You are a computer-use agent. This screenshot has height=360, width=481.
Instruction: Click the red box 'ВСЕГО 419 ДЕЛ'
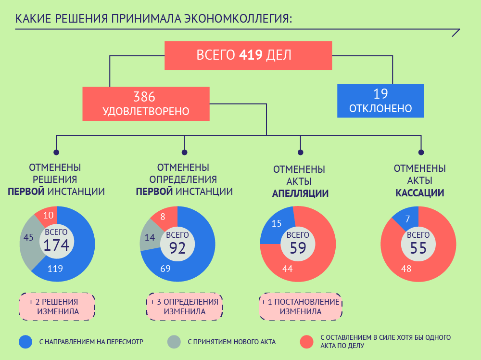(248, 55)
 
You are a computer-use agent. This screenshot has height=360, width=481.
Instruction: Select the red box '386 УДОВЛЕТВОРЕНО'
(146, 103)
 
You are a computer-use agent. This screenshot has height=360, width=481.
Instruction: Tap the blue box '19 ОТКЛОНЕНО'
(380, 101)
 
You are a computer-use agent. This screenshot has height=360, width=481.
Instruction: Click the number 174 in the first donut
(57, 245)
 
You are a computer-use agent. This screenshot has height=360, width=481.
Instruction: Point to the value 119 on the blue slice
(55, 269)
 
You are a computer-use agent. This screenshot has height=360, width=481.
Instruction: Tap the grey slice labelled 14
(150, 237)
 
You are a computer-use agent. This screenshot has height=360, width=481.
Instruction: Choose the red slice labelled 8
(163, 217)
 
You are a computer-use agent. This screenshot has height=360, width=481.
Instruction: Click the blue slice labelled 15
(277, 224)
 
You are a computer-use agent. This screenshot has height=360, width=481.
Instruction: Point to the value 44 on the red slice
(288, 269)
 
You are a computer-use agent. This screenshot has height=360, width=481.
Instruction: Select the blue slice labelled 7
(407, 219)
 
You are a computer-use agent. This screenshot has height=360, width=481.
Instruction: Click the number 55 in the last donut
(418, 247)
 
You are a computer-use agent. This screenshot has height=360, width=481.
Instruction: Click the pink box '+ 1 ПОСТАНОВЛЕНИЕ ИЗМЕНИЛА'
(301, 307)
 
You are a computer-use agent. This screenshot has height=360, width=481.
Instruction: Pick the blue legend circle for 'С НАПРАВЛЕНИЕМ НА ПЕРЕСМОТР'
(25, 342)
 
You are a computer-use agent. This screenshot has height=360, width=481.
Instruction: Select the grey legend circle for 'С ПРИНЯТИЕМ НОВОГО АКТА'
(174, 342)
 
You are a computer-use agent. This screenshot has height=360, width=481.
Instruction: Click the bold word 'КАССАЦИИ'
(419, 193)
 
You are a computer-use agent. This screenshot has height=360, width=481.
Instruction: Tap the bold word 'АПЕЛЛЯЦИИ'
(300, 193)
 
